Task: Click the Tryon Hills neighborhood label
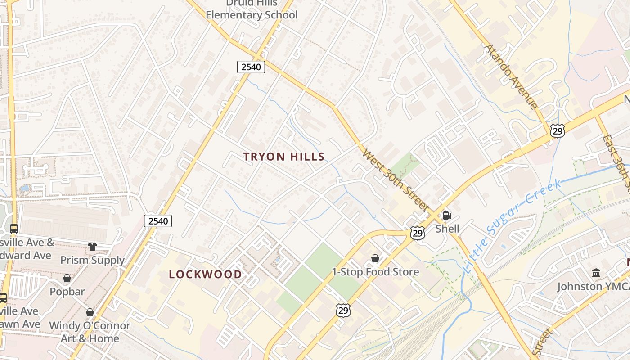pos(284,157)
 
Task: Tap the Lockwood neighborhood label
pos(205,274)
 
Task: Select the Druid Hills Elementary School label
pos(252,10)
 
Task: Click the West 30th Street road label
pos(395,180)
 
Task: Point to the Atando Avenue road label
pos(511,76)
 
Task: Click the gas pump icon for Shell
pos(447,216)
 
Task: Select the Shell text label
pos(447,229)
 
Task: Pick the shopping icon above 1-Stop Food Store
pos(375,258)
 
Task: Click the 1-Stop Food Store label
pos(375,272)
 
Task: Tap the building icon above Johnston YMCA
pos(597,273)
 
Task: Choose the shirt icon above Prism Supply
pos(92,246)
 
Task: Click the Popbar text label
pos(67,292)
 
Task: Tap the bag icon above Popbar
pos(67,278)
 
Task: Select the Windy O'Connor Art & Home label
pos(90,332)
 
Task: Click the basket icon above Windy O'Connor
pos(90,312)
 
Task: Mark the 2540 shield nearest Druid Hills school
pos(251,67)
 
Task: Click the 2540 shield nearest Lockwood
pos(158,221)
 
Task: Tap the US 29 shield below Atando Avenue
pos(557,131)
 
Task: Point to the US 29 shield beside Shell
pos(418,233)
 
